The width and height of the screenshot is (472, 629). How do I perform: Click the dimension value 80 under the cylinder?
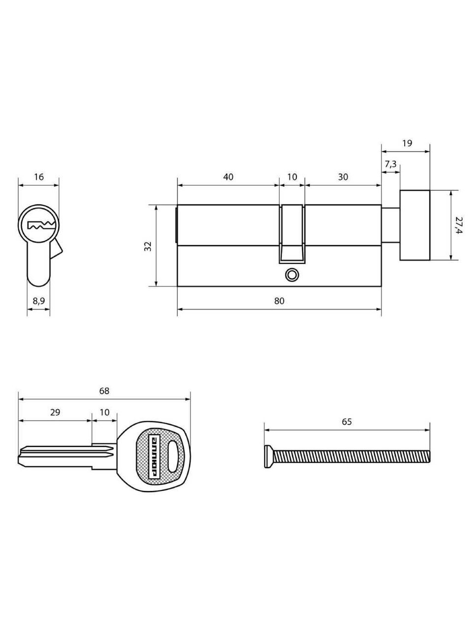pos(279,301)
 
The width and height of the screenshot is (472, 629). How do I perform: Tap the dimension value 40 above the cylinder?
pos(228,177)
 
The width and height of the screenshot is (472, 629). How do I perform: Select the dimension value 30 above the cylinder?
pos(343,177)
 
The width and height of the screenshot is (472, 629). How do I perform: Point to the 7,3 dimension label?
pos(390,164)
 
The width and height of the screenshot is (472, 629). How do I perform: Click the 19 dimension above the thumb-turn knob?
pos(407,143)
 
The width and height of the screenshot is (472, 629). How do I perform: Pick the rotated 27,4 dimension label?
pos(459,225)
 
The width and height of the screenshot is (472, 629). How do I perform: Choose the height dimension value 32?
pos(148,246)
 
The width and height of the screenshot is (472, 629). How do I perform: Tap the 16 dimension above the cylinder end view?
pos(39,177)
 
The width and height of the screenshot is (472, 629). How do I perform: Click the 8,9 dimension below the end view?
pos(38,301)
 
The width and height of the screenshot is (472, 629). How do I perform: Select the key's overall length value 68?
pos(104,391)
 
